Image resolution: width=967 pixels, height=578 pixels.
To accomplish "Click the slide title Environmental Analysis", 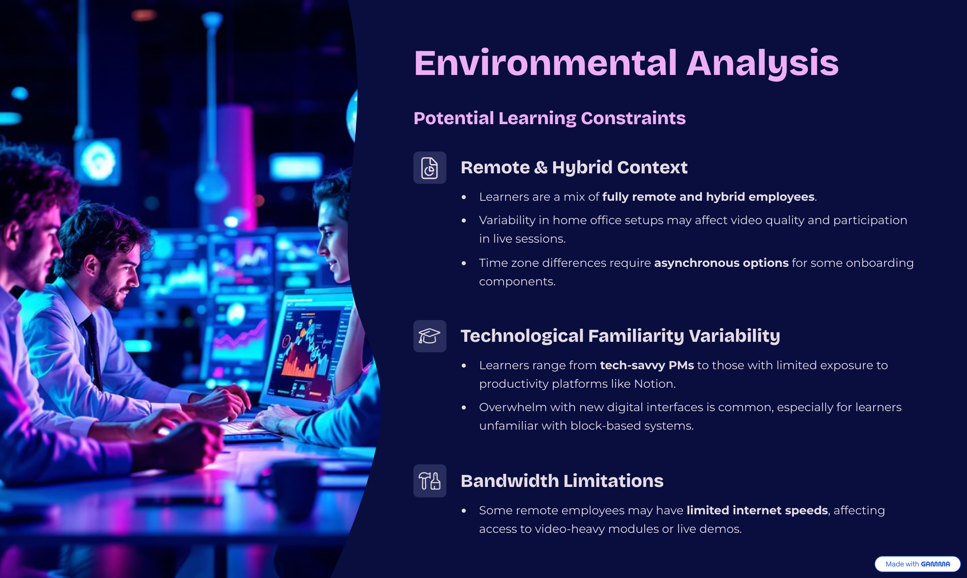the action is [x=626, y=63].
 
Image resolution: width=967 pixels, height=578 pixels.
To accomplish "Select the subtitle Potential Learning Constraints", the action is [x=550, y=119].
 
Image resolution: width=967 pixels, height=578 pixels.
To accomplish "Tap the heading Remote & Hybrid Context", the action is [x=574, y=168].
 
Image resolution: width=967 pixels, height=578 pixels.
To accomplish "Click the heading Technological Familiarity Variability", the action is [x=620, y=336].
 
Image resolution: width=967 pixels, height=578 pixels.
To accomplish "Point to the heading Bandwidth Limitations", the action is [x=562, y=481].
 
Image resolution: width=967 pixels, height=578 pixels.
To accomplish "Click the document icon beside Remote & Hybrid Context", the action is [x=430, y=168].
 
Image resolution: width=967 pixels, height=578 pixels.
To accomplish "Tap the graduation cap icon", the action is [x=430, y=336].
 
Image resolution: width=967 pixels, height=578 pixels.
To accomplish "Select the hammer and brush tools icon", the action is [x=430, y=481].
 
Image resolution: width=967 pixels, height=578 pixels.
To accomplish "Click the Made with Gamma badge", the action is [x=917, y=564].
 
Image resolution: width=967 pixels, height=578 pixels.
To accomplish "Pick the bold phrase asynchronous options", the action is [x=721, y=263].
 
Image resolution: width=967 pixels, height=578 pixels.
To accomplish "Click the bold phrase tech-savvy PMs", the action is [x=647, y=365].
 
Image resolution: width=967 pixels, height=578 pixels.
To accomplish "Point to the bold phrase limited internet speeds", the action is [x=757, y=510].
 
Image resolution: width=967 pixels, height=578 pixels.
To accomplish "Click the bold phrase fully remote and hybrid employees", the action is [x=708, y=197].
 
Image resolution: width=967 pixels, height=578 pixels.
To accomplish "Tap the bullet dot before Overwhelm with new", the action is [x=464, y=408].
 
